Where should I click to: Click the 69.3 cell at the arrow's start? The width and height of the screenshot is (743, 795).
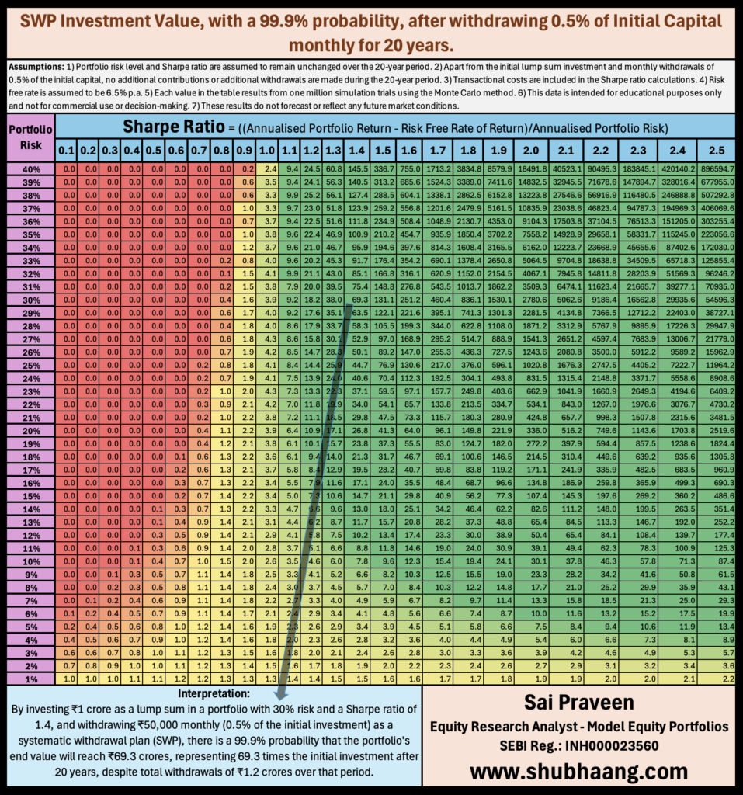tap(359, 299)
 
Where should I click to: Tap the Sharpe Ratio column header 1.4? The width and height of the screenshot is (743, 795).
tap(359, 149)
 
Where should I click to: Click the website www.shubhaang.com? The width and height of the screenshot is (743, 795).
tap(578, 771)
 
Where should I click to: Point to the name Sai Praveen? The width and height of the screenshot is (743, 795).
tap(578, 703)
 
